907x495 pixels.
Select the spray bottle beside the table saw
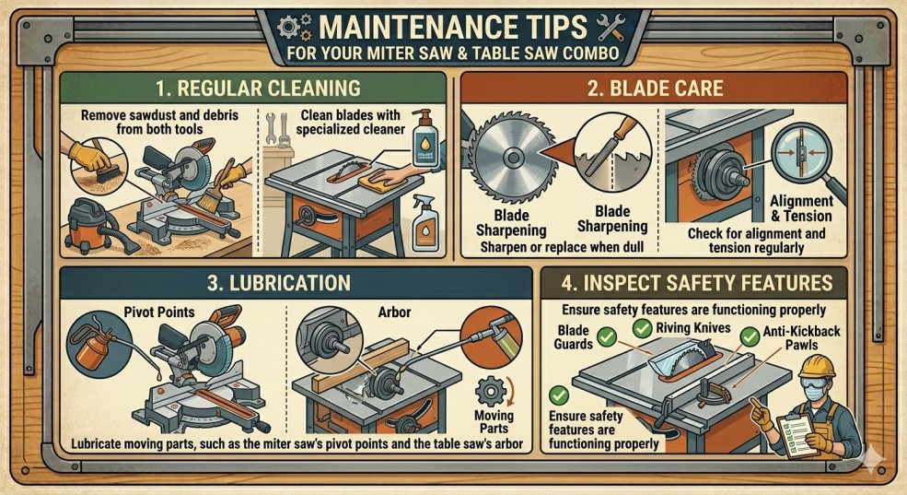tap(424, 223)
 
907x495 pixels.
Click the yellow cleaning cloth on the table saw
tap(382, 180)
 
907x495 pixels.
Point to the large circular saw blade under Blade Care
tap(512, 158)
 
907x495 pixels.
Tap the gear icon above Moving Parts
tap(491, 392)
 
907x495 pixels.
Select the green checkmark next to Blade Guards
tap(606, 336)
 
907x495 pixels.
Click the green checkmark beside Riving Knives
tap(642, 328)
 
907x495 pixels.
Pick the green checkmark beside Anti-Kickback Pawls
tap(750, 336)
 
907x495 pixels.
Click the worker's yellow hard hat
tap(817, 367)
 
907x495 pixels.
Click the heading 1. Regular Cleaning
tap(258, 88)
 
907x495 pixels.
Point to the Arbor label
tap(394, 312)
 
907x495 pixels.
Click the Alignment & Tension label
tap(801, 208)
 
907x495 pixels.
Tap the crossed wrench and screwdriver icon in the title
tap(610, 28)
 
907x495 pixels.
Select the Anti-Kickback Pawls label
tap(801, 338)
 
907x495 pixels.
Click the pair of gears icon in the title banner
tap(295, 28)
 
